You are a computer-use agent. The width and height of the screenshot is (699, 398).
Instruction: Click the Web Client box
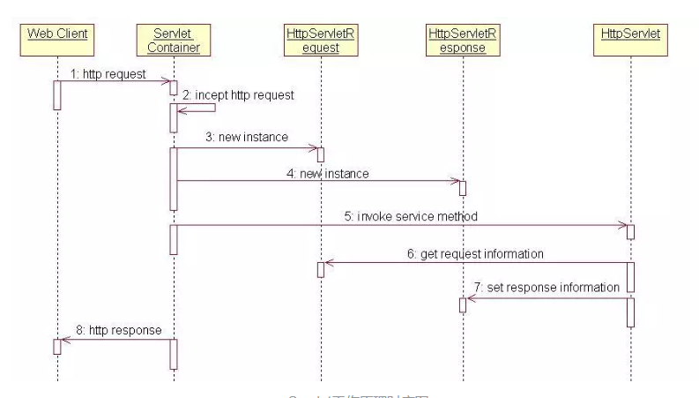click(x=57, y=39)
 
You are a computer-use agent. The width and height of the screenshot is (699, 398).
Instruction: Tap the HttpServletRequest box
click(x=320, y=39)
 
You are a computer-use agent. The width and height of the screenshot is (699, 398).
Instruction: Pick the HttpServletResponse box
click(x=462, y=39)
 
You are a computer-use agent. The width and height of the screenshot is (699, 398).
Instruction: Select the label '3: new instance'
click(x=248, y=139)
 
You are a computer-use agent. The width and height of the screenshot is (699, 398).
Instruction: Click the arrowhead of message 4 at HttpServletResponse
click(x=455, y=182)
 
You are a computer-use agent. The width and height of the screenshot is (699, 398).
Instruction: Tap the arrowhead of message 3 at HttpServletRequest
click(x=313, y=148)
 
